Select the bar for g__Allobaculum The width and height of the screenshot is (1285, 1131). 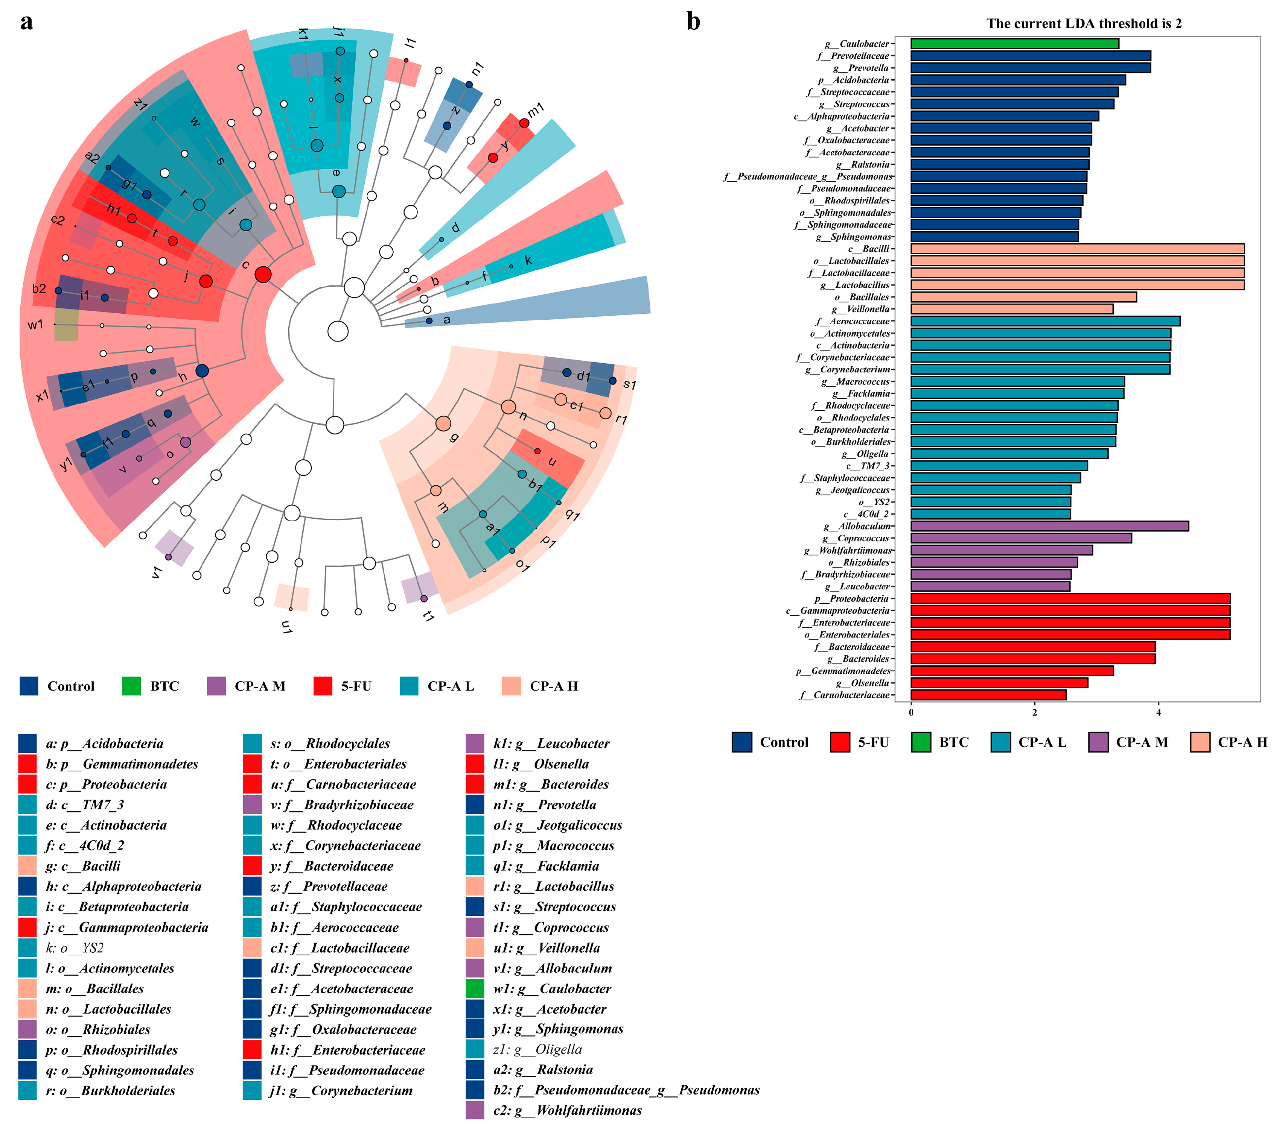coord(1049,526)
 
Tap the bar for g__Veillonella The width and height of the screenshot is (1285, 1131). coord(1011,309)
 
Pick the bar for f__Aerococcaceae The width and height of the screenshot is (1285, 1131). coord(1045,321)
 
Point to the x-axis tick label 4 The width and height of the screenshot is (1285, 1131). coord(1158,712)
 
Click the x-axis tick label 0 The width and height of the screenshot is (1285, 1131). coord(911,712)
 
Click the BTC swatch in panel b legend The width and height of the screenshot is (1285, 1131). coord(921,742)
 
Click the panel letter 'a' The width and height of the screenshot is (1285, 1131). coord(26,23)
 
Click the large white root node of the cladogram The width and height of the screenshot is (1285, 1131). coord(338,331)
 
